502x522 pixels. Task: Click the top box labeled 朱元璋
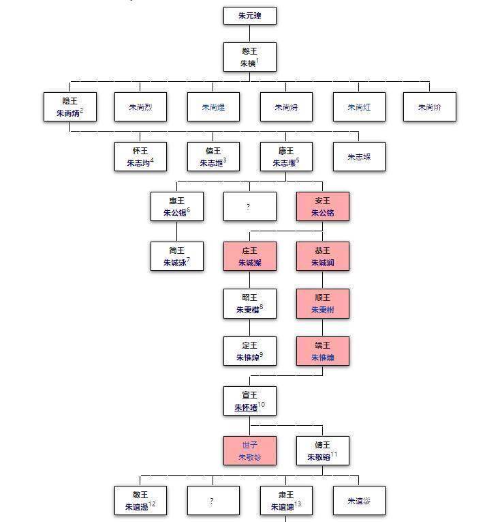pos(250,16)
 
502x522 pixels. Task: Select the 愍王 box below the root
pos(250,57)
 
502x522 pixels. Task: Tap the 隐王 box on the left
pos(69,106)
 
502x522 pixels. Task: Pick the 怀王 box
pos(140,156)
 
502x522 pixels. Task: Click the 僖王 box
pos(213,156)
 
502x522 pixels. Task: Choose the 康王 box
pos(286,156)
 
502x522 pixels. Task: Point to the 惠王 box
pos(177,206)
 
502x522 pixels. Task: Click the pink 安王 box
pos(323,206)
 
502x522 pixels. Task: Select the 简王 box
pos(177,256)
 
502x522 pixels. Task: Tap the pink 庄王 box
pos(250,256)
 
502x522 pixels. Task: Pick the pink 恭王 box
pos(323,256)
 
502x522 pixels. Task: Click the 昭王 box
pos(250,304)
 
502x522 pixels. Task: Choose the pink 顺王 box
pos(323,304)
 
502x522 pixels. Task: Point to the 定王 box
pos(250,351)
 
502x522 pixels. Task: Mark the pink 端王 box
pos(323,351)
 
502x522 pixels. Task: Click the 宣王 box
pos(250,401)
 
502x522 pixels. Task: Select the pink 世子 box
pos(250,451)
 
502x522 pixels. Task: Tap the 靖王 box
pos(323,451)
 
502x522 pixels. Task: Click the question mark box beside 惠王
pos(250,206)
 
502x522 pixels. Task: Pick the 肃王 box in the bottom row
pos(286,501)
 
